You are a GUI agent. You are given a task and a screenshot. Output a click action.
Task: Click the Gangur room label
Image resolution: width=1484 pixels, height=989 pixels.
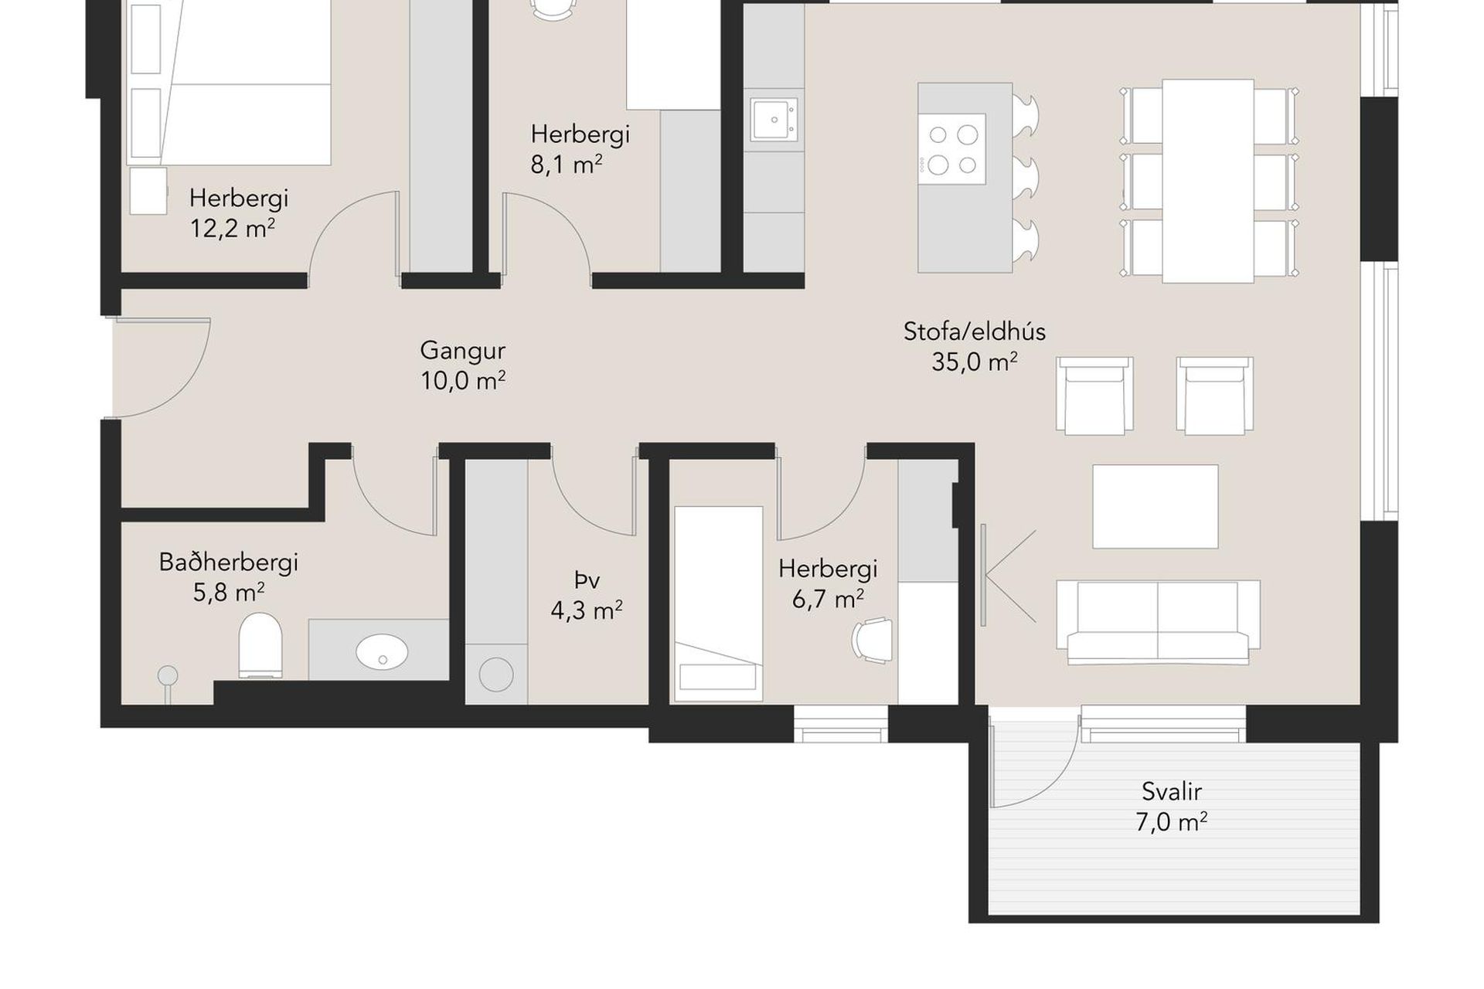(462, 351)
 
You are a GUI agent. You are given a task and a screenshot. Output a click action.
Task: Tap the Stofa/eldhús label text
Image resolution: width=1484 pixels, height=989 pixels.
(975, 331)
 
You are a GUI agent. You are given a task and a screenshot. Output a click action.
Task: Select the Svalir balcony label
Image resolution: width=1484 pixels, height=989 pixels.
(1172, 791)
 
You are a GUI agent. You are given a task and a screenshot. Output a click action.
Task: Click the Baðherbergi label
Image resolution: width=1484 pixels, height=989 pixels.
(229, 562)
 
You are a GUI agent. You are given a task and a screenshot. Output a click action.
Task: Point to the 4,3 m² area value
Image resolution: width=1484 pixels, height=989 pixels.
(587, 610)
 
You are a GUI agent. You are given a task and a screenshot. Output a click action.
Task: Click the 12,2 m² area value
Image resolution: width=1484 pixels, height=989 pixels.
(233, 229)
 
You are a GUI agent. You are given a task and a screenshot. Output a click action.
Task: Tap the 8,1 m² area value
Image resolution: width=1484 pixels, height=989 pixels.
(567, 165)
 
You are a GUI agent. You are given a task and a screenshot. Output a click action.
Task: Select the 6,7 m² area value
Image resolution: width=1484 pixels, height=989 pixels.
(828, 598)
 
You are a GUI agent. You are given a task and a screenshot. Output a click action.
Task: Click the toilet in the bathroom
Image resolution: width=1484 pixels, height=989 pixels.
(260, 645)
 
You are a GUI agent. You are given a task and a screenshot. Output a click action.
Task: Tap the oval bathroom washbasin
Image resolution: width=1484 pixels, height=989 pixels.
(382, 651)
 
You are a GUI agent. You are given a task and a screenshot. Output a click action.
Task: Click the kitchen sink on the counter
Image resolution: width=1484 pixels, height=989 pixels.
(774, 120)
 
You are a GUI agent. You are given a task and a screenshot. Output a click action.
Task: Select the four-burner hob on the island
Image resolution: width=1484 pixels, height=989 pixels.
(952, 148)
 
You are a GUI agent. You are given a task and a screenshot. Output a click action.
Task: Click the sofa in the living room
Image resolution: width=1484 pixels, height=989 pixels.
(1158, 622)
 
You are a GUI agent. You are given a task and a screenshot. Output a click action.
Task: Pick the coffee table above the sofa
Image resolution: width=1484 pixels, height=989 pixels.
(1156, 506)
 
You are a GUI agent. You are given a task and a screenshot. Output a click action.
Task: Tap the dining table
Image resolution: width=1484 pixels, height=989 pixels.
(1208, 181)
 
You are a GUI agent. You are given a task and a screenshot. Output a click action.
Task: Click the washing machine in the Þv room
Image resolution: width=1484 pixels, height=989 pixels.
(496, 675)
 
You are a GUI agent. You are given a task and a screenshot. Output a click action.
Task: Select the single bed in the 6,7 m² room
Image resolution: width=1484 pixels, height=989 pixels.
(719, 604)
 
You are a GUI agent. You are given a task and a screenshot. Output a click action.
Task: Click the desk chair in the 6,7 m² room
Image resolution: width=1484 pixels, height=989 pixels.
(872, 640)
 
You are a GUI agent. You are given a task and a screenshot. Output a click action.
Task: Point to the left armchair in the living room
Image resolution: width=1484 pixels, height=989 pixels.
(1094, 395)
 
